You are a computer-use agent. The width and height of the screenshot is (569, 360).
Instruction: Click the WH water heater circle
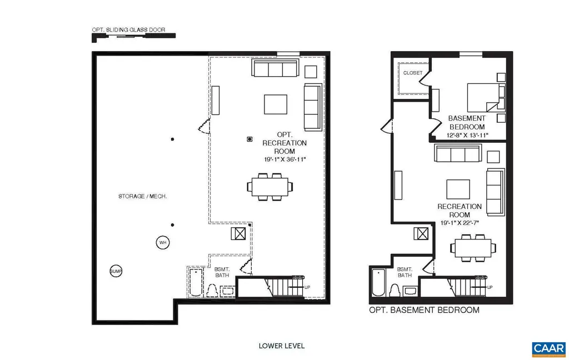(162, 243)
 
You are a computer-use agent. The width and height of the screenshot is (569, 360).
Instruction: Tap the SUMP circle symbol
(116, 271)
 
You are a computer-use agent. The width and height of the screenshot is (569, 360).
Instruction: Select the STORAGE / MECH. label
(143, 196)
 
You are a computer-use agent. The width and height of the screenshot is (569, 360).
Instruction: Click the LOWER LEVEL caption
(282, 346)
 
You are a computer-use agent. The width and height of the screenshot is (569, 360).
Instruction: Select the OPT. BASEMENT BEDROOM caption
(424, 310)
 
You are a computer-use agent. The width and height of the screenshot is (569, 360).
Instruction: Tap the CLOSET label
(413, 73)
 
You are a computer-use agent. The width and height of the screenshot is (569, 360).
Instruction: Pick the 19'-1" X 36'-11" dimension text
(284, 159)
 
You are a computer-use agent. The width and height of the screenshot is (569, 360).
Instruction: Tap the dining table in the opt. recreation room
(269, 187)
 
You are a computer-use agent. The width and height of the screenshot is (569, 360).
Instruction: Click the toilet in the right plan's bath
(394, 290)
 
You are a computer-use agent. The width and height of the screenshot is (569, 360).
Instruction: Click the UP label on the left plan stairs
(307, 287)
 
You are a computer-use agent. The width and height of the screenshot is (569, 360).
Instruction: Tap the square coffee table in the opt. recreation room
(276, 104)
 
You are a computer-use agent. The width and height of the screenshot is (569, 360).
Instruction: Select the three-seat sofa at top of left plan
(274, 69)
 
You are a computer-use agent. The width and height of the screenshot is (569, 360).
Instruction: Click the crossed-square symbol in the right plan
(421, 234)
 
